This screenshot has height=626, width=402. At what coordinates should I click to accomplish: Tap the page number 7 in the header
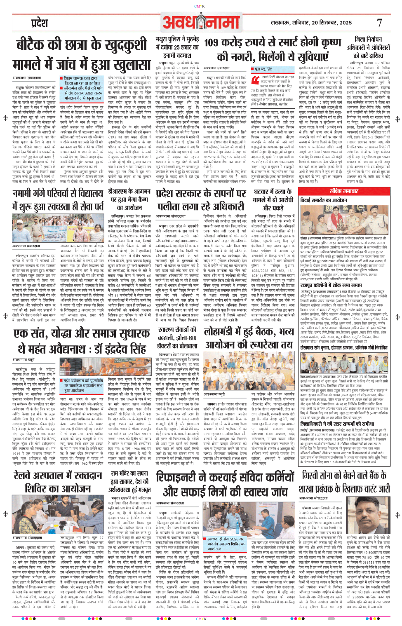coord(379,23)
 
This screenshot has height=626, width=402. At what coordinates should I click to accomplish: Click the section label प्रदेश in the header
coord(40,23)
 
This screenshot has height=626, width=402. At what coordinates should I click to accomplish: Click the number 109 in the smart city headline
coord(217,43)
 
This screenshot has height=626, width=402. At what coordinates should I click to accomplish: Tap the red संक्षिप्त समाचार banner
coord(344,191)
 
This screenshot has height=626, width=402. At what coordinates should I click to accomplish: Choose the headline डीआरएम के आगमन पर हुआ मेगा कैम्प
coord(129,199)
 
